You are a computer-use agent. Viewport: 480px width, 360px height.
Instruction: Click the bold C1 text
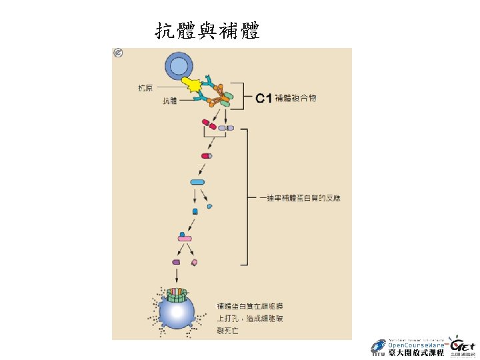coord(263,99)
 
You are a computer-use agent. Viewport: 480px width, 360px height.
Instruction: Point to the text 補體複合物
coord(294,99)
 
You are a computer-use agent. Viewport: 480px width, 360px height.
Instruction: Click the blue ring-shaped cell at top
coord(178,66)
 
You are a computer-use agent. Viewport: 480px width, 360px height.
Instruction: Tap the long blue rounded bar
coord(197,182)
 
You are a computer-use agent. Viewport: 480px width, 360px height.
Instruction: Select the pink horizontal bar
coord(185,238)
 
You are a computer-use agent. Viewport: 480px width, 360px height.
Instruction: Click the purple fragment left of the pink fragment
coord(176,263)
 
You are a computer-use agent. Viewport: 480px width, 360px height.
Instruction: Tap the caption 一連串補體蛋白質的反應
coord(300,199)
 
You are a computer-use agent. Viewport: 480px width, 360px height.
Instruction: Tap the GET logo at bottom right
coord(461,346)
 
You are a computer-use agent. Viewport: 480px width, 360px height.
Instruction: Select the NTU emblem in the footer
coord(378,347)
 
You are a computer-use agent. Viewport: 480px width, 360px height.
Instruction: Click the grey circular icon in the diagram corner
coord(119,53)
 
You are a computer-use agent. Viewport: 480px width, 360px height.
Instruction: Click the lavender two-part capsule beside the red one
coord(226,127)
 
